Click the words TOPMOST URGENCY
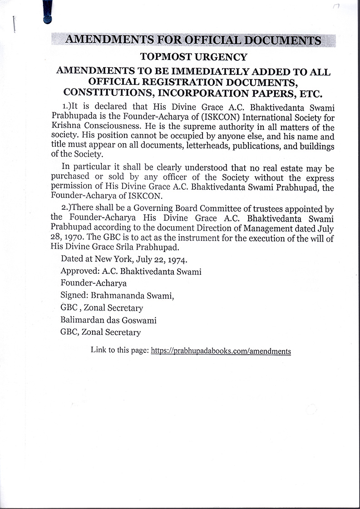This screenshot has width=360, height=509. tap(194, 57)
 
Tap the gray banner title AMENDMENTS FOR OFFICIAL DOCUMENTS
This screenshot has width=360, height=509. tap(193, 40)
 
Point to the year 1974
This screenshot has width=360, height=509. tap(179, 260)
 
